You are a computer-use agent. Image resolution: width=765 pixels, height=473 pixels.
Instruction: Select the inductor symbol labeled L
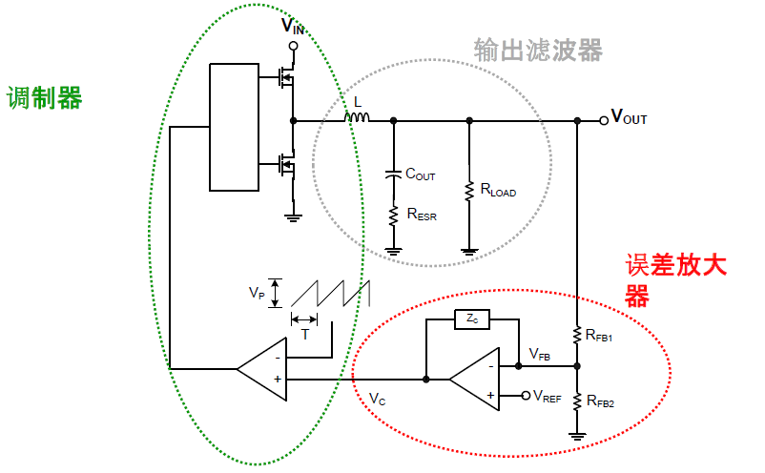[357, 117]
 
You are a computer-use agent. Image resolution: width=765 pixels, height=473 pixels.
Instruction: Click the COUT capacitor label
[420, 175]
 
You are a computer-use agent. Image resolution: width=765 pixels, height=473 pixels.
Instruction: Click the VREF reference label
[548, 395]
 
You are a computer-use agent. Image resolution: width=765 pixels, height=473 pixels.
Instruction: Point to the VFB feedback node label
[539, 354]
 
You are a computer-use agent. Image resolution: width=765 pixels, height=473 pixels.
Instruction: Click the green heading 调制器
[44, 97]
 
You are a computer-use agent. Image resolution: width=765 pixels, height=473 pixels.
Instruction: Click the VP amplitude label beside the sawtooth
[256, 293]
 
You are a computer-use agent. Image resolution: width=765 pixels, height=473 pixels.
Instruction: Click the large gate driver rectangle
[234, 126]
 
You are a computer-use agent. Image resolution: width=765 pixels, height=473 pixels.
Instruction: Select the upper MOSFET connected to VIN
[284, 76]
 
